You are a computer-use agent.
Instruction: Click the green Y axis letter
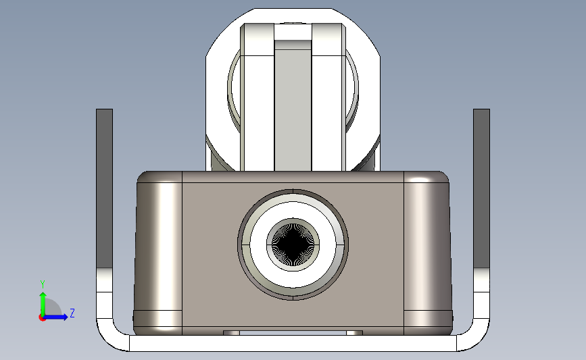(42, 284)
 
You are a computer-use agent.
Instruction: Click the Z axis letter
(72, 313)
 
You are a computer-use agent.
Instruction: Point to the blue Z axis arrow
(58, 317)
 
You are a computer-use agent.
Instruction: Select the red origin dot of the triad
(43, 317)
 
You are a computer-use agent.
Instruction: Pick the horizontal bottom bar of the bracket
(293, 344)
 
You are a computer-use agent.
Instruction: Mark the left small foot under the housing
(231, 333)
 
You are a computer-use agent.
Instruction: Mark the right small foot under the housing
(355, 333)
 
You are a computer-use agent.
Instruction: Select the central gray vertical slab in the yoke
(293, 108)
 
